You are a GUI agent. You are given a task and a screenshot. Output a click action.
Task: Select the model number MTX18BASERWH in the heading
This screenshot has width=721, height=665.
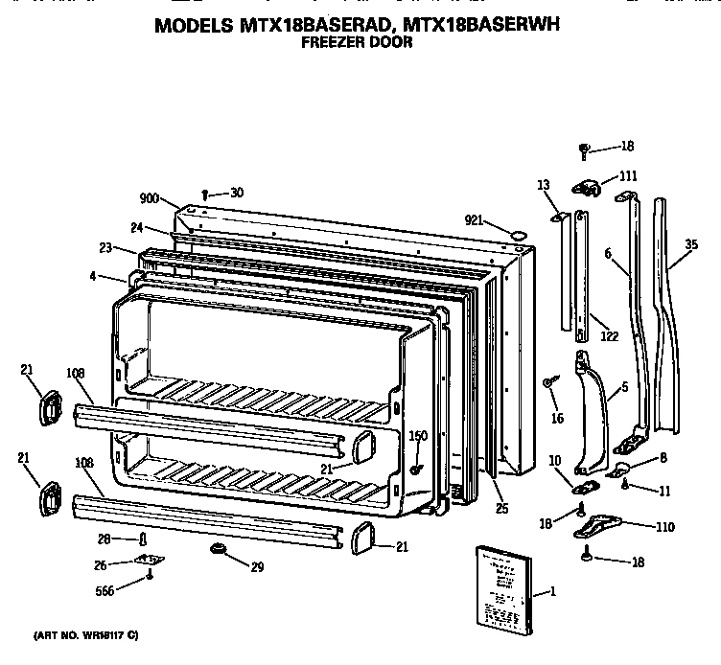pos(476,27)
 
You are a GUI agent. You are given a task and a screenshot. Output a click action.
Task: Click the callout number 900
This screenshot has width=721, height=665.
pos(149,198)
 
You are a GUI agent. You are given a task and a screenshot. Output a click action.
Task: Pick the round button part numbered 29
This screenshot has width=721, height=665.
pos(217,550)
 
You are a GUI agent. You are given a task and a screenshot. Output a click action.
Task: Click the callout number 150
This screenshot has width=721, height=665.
pos(417,436)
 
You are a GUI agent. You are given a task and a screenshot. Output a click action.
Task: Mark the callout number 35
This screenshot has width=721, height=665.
pos(692,246)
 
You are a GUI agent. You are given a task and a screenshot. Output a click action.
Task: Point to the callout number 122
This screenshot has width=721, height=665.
pos(609,336)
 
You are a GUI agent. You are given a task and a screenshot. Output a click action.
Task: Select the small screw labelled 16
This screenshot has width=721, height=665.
pos(547,383)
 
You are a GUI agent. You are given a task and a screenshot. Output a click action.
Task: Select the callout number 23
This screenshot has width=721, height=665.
pos(105,248)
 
